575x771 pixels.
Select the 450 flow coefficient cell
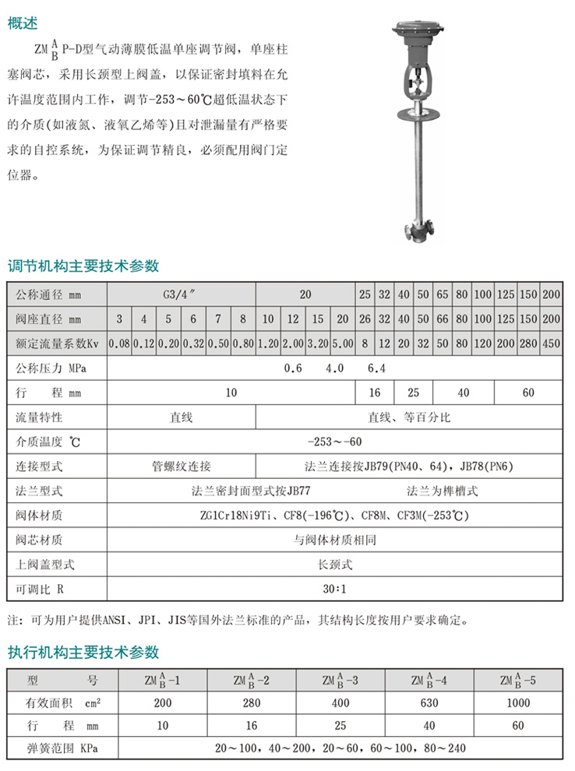point(551,342)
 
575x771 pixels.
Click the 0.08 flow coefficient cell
point(119,342)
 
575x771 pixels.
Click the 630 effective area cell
point(429,704)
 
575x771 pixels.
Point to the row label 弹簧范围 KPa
point(55,750)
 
